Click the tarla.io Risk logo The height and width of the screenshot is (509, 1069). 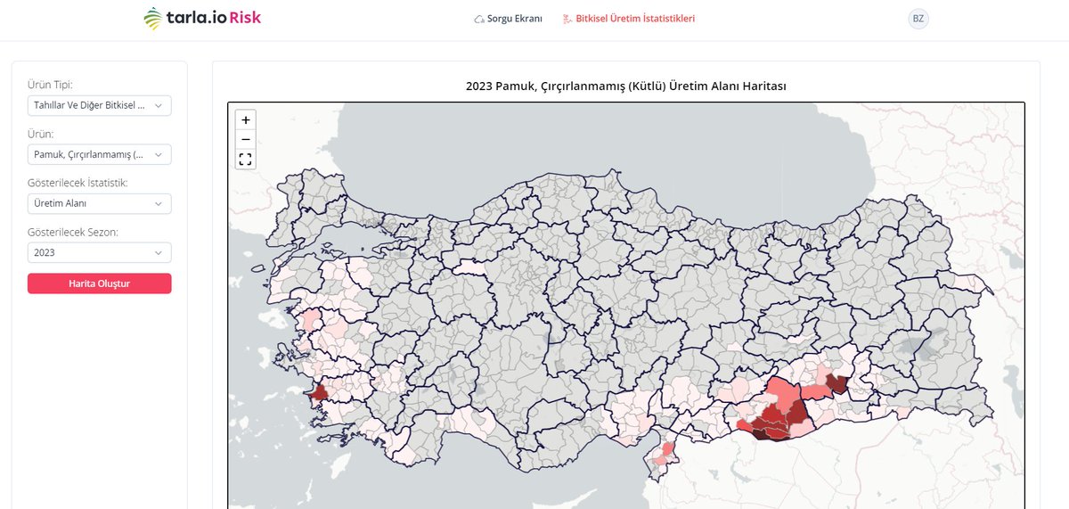tap(202, 18)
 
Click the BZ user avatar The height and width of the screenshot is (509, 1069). tap(918, 19)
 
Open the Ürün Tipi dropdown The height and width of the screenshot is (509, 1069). tap(99, 105)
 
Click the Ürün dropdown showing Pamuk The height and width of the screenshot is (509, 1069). tap(99, 154)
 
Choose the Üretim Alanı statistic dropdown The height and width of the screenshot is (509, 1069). tap(99, 203)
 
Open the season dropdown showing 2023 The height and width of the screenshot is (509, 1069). tap(99, 252)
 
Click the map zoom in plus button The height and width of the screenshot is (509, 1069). tap(246, 119)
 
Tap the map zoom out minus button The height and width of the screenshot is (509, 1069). tap(246, 139)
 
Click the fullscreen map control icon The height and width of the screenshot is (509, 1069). tap(246, 160)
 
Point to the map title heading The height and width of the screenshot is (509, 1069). tap(625, 86)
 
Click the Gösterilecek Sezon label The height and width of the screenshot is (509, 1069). tap(73, 232)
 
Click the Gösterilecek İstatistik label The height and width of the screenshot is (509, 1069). tap(78, 183)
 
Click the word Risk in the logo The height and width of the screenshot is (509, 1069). tap(245, 18)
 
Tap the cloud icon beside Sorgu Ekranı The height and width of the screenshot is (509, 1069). tap(479, 19)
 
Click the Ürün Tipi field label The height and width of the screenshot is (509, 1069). tap(50, 85)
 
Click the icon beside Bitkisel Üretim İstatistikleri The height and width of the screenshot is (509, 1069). tap(567, 19)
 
